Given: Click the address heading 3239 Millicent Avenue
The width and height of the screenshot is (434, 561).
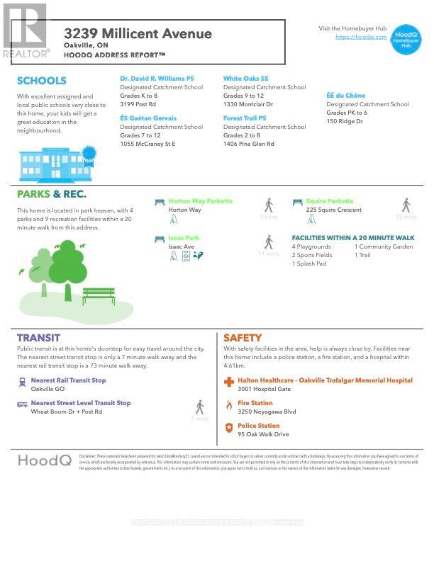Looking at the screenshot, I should pos(138,33).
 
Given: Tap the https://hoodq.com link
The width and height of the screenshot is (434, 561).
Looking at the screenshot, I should pos(361,37).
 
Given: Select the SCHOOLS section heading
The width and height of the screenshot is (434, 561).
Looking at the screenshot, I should pos(42,81).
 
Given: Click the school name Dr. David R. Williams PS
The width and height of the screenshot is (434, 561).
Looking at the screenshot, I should pos(157,79).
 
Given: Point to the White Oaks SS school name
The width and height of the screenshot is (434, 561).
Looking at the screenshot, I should pos(246,79).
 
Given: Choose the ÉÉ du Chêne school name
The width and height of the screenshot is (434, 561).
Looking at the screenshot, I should pos(346,96).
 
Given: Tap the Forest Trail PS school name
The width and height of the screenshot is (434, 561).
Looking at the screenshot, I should pos(245,118).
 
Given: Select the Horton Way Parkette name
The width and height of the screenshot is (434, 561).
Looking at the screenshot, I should pos(200,201).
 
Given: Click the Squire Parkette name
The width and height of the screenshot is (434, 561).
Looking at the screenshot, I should pos(330,201).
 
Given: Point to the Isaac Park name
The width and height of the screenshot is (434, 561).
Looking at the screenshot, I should pos(184,238).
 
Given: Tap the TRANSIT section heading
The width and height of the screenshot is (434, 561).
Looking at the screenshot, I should pos(38,338).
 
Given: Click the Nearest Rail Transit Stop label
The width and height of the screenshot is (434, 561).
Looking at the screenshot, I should pos(68,380).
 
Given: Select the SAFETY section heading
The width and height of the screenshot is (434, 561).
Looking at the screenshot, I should pos(243,338).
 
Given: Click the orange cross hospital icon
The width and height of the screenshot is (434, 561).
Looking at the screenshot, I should pos(228,382).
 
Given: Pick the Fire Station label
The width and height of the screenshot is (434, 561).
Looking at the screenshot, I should pos(255,403).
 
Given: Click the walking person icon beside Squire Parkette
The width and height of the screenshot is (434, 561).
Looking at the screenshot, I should pos(406,205).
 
